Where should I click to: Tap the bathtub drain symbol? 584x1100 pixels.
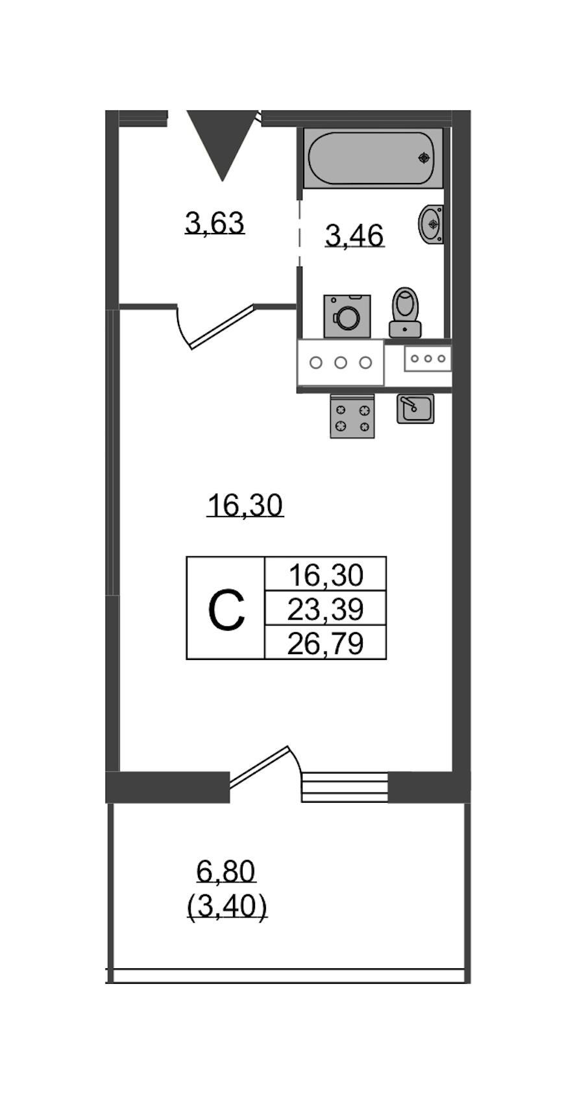tap(424, 158)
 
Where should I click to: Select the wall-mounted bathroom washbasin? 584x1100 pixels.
tap(431, 224)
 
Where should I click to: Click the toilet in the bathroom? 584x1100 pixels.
tap(405, 312)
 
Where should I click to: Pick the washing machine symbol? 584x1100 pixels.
tap(347, 316)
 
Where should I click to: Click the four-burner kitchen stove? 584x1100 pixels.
tap(352, 416)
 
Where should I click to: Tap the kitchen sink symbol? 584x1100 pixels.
tap(415, 409)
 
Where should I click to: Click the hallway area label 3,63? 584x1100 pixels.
tap(215, 223)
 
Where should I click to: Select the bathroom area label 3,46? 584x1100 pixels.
tap(354, 236)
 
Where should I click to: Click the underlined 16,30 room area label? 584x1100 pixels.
tap(245, 506)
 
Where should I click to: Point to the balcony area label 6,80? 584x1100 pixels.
tap(226, 872)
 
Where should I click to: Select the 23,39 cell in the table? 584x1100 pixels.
tap(325, 609)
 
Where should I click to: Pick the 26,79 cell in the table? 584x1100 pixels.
tap(325, 643)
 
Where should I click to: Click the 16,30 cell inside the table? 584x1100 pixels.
tap(325, 574)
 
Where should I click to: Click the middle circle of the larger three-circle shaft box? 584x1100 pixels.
tap(341, 363)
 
